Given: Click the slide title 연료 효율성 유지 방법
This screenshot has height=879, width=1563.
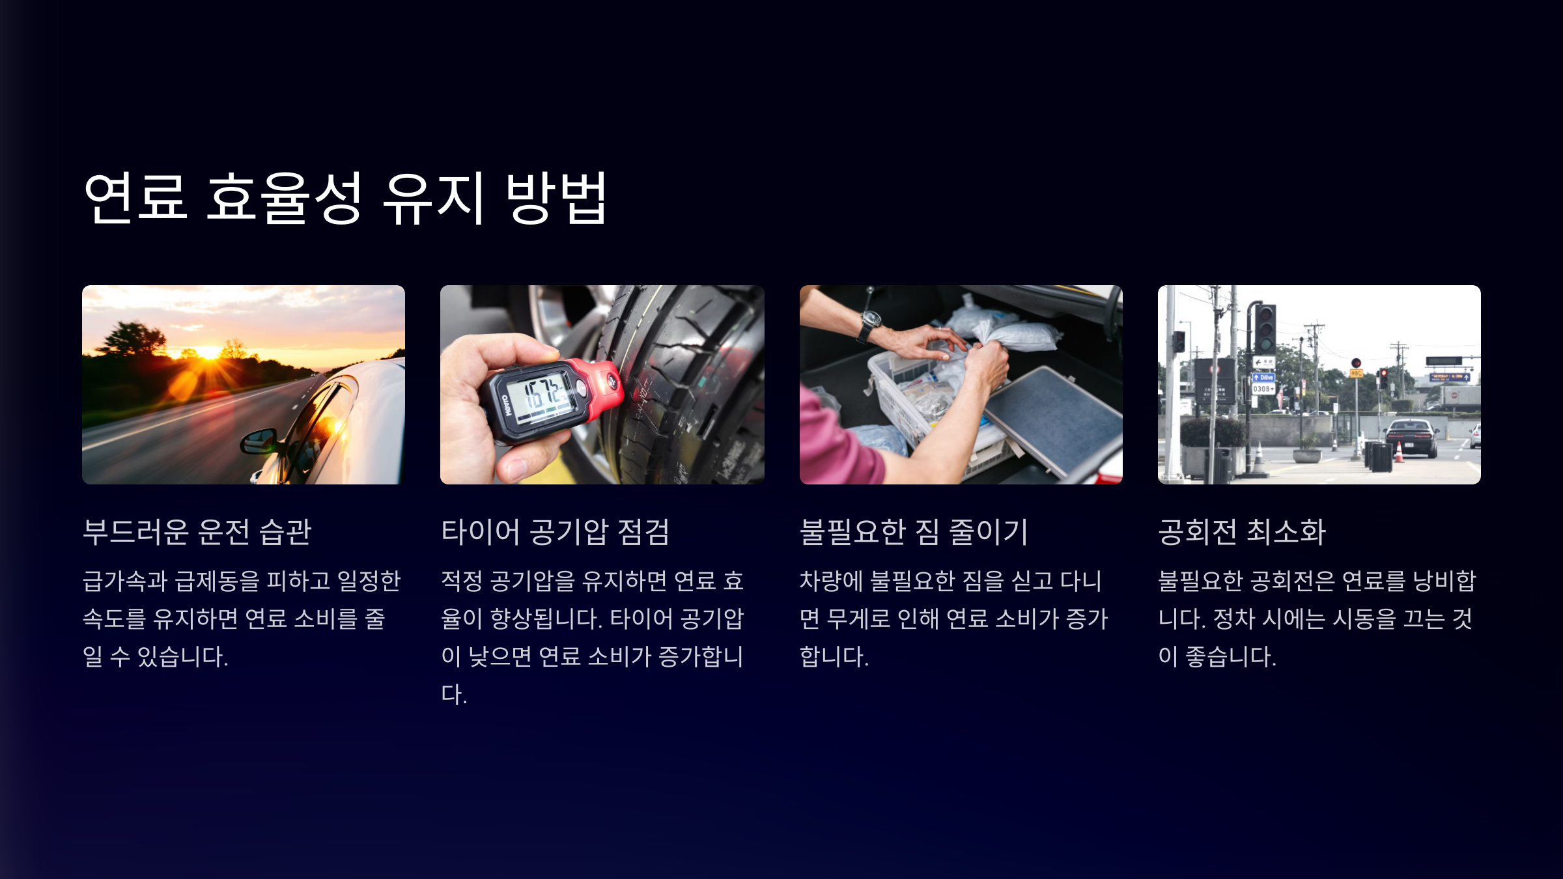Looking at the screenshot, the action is (346, 198).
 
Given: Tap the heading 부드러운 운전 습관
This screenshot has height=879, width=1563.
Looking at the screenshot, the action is (197, 531).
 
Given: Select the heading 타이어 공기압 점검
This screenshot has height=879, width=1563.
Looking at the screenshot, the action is (556, 531).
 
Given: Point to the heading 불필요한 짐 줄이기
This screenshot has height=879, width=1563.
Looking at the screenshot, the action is (914, 531).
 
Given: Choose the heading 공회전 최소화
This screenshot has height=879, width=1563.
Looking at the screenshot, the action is (1242, 531).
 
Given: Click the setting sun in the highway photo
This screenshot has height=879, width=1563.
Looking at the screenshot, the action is (208, 353).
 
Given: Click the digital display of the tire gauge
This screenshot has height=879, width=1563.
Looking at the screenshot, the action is (541, 396).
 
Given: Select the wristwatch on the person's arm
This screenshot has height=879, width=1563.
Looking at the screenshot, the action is (869, 324).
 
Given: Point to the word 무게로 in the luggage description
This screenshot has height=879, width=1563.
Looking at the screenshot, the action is (858, 619).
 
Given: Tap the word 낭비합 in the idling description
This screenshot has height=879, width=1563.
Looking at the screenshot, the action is (1444, 581).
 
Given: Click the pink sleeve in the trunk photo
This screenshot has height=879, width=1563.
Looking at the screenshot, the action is (837, 443).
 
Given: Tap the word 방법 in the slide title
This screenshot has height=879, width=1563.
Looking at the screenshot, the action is (557, 198).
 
